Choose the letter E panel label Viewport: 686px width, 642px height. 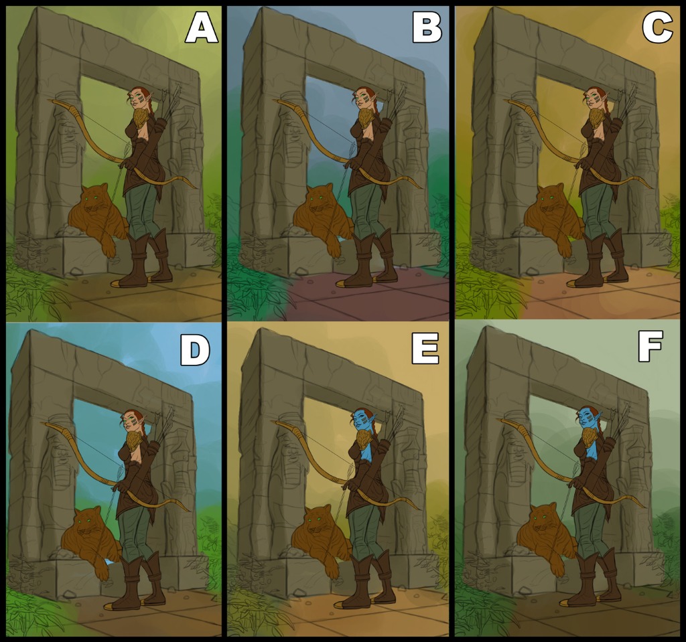[425, 349]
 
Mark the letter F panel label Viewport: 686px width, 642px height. [650, 346]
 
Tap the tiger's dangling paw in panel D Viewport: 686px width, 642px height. [102, 572]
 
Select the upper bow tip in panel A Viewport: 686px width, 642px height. [50, 101]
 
